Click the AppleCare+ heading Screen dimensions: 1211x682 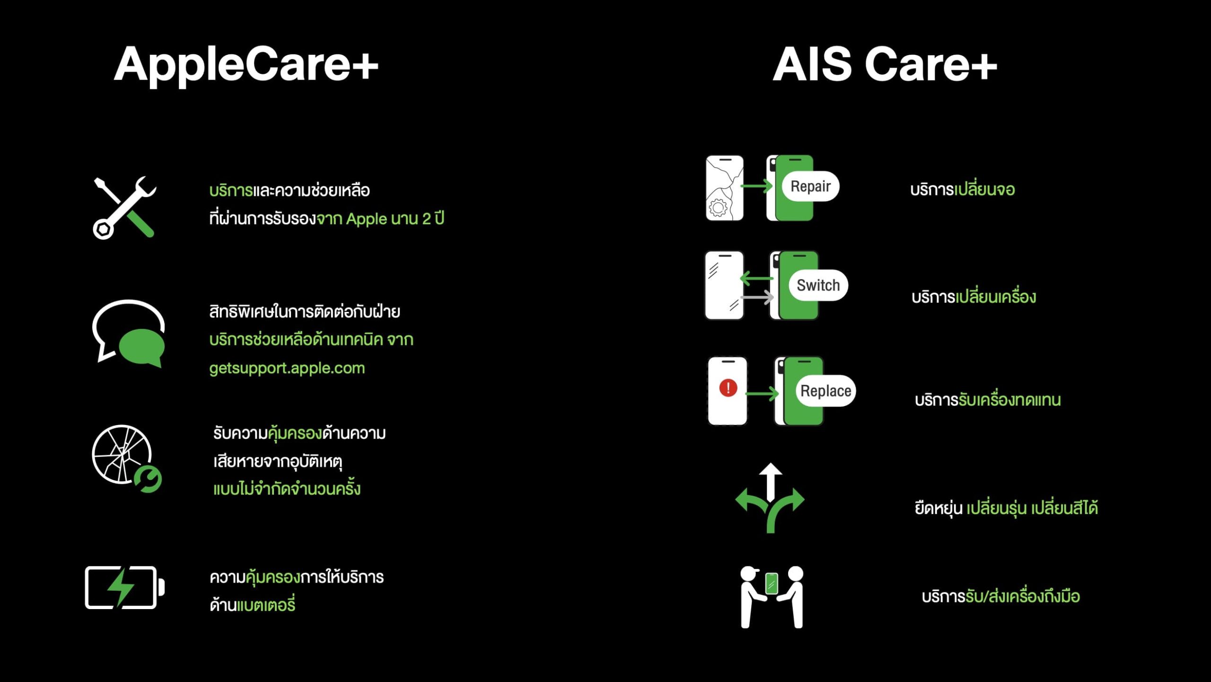246,65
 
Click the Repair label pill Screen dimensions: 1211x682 810,186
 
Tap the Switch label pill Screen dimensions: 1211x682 818,285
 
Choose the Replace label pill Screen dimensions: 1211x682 826,391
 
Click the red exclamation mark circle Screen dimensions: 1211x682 728,388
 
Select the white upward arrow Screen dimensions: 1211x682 770,482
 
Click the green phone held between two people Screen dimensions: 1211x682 772,583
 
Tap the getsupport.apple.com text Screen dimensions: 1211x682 287,368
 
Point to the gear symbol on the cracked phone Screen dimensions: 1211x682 718,207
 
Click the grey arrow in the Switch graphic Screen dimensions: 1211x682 757,297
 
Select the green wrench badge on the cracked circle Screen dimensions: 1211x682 148,479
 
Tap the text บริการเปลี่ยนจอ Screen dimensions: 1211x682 963,189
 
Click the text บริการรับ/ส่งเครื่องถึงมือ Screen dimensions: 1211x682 1000,596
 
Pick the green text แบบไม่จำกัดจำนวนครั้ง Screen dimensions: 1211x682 287,488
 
